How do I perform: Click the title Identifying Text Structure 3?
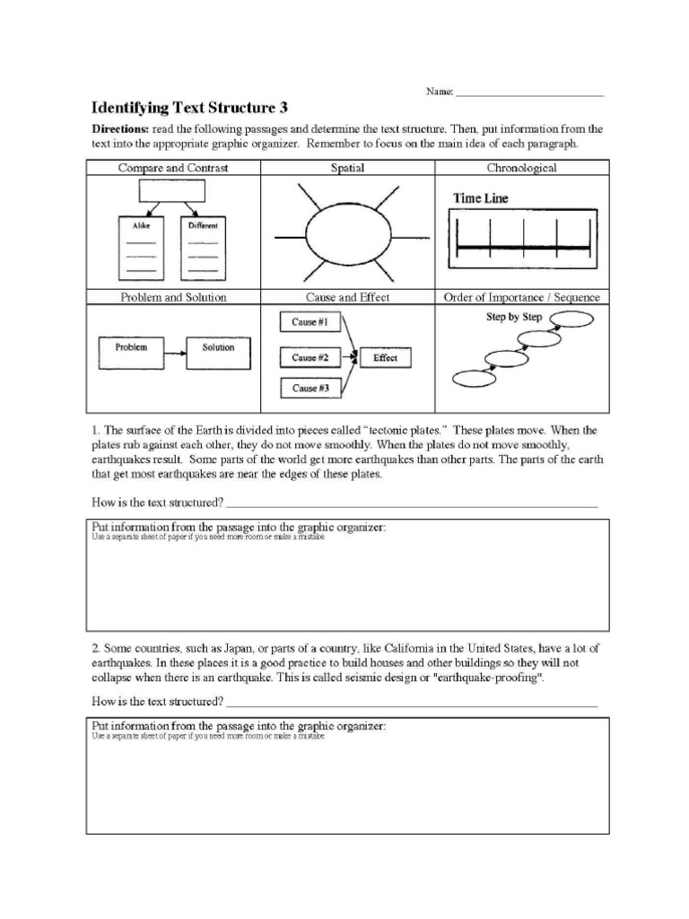point(191,108)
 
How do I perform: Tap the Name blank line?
point(529,93)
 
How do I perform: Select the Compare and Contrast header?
point(173,168)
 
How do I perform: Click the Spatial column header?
point(347,168)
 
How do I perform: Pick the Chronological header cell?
point(521,168)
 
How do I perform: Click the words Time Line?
point(480,199)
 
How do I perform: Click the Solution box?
point(218,348)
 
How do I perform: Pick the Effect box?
point(385,357)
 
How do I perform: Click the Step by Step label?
point(514,317)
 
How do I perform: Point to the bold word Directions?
point(121,129)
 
